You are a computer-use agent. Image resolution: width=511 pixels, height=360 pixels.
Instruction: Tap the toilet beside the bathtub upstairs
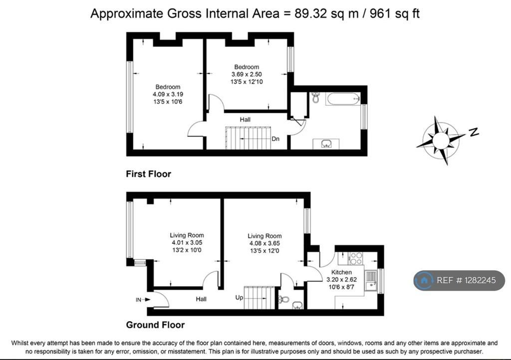[x=315, y=97]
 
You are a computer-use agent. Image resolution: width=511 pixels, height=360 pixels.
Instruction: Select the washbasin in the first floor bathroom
[x=326, y=144]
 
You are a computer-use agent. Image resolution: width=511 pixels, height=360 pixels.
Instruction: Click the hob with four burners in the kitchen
[x=355, y=258]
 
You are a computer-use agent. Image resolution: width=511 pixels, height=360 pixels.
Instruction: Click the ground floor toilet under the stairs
[x=283, y=299]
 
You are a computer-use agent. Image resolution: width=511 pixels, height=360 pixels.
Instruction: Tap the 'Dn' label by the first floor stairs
[x=275, y=139]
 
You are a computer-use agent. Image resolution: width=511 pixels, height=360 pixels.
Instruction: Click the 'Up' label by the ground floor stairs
[x=239, y=298]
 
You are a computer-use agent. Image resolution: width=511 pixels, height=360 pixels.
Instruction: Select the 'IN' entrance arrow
[x=143, y=300]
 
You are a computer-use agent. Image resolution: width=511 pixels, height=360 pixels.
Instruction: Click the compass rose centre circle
[x=441, y=140]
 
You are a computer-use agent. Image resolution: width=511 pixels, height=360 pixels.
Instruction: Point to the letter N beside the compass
[x=474, y=132]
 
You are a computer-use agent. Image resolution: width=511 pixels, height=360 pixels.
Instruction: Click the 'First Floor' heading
[x=149, y=174]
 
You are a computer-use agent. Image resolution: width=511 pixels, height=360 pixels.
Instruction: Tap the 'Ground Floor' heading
[x=156, y=325]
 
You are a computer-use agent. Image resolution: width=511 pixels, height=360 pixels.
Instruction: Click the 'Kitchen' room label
[x=341, y=272]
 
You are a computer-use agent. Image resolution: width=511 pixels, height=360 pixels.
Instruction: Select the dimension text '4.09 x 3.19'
[x=168, y=94]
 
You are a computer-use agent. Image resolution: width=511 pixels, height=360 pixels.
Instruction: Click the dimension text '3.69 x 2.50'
[x=247, y=74]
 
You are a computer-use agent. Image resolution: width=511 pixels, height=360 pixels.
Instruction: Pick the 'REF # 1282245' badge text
[x=466, y=280]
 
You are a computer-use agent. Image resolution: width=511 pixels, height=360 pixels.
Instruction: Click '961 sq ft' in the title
[x=395, y=13]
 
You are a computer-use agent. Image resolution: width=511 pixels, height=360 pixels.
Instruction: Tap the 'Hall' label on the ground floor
[x=201, y=299]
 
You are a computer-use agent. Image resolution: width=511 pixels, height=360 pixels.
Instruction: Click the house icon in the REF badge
[x=424, y=280]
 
